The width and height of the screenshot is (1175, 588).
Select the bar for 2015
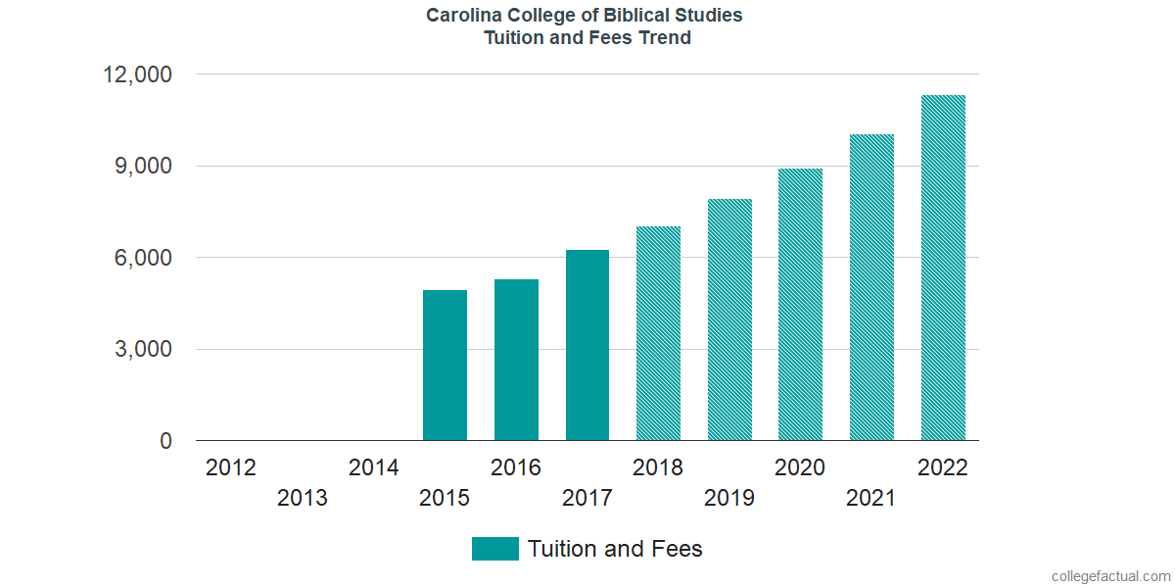click(445, 366)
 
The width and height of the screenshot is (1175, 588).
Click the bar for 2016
click(516, 360)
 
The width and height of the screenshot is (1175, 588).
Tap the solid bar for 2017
click(587, 345)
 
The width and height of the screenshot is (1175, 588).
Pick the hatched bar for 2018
click(658, 333)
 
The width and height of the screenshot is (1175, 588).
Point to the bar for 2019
click(729, 319)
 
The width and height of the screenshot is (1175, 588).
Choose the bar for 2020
click(800, 305)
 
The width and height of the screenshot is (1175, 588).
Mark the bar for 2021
click(871, 287)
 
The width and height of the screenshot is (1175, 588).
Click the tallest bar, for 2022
click(943, 268)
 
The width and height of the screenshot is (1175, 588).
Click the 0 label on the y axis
click(165, 442)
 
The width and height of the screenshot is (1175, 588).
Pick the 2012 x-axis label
click(231, 467)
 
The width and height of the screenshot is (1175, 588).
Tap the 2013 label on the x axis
click(303, 498)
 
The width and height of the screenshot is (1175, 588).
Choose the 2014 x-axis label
click(373, 467)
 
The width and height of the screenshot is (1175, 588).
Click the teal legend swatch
click(494, 549)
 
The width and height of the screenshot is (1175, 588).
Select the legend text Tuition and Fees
click(615, 549)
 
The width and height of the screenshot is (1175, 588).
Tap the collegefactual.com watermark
click(1110, 576)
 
